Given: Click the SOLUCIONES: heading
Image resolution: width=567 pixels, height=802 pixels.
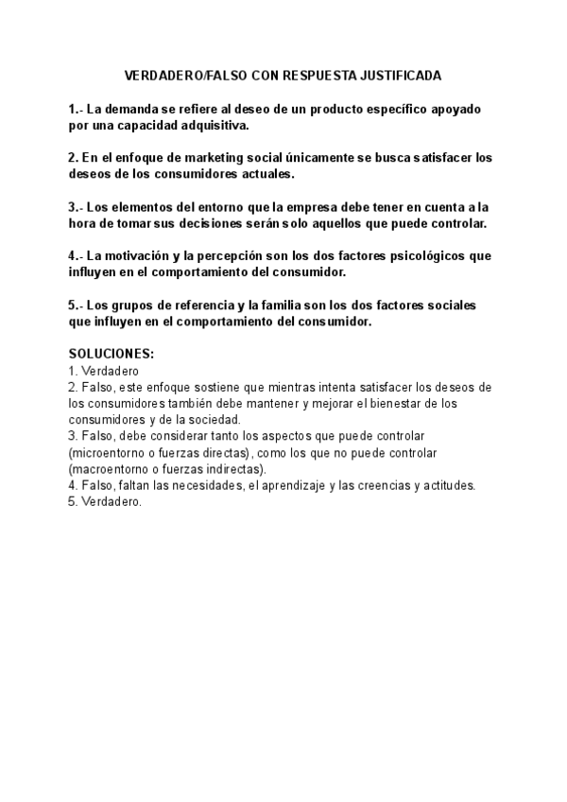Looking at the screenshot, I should click(x=112, y=355).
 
